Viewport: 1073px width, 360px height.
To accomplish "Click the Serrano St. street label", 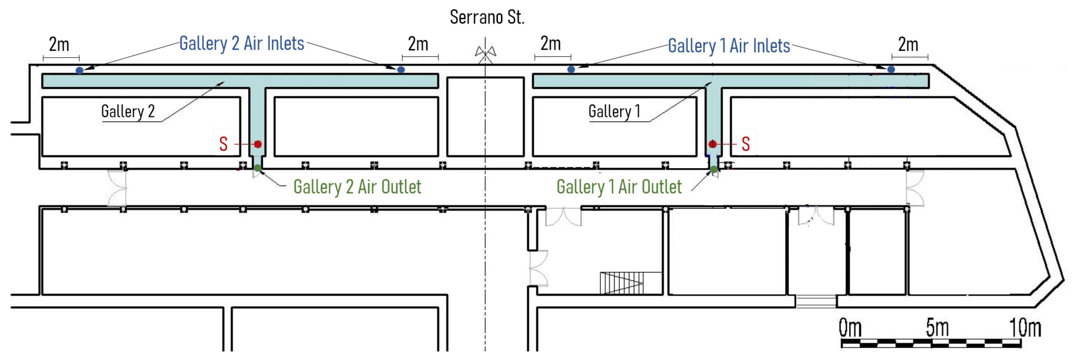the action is point(486,17).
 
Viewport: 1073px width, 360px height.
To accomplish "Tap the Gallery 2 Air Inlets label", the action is point(242,43).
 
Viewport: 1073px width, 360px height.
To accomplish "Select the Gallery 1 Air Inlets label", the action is point(729,46).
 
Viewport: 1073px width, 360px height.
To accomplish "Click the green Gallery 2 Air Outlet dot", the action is point(257,168).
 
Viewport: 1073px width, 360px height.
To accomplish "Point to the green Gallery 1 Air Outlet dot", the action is point(714,169).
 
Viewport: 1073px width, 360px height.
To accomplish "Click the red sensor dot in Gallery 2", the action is point(258,144).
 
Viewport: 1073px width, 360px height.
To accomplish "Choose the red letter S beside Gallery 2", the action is point(223,144).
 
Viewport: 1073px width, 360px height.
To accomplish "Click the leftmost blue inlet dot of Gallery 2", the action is point(80,71).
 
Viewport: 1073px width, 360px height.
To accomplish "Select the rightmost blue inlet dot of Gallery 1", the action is point(891,70).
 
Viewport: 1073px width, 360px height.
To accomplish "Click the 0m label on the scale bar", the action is point(850,328).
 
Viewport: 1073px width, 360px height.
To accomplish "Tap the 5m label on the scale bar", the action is point(937,328).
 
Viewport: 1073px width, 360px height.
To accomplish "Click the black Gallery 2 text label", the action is point(128,112).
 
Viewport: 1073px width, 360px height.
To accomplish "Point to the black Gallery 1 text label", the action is point(614,112).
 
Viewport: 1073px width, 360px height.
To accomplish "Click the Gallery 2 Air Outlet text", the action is point(357,187).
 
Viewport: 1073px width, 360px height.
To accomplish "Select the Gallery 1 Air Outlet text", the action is point(619,187).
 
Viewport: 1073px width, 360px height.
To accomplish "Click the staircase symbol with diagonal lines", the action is point(621,283).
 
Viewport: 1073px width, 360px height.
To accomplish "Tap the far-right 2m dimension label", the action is point(908,45).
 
